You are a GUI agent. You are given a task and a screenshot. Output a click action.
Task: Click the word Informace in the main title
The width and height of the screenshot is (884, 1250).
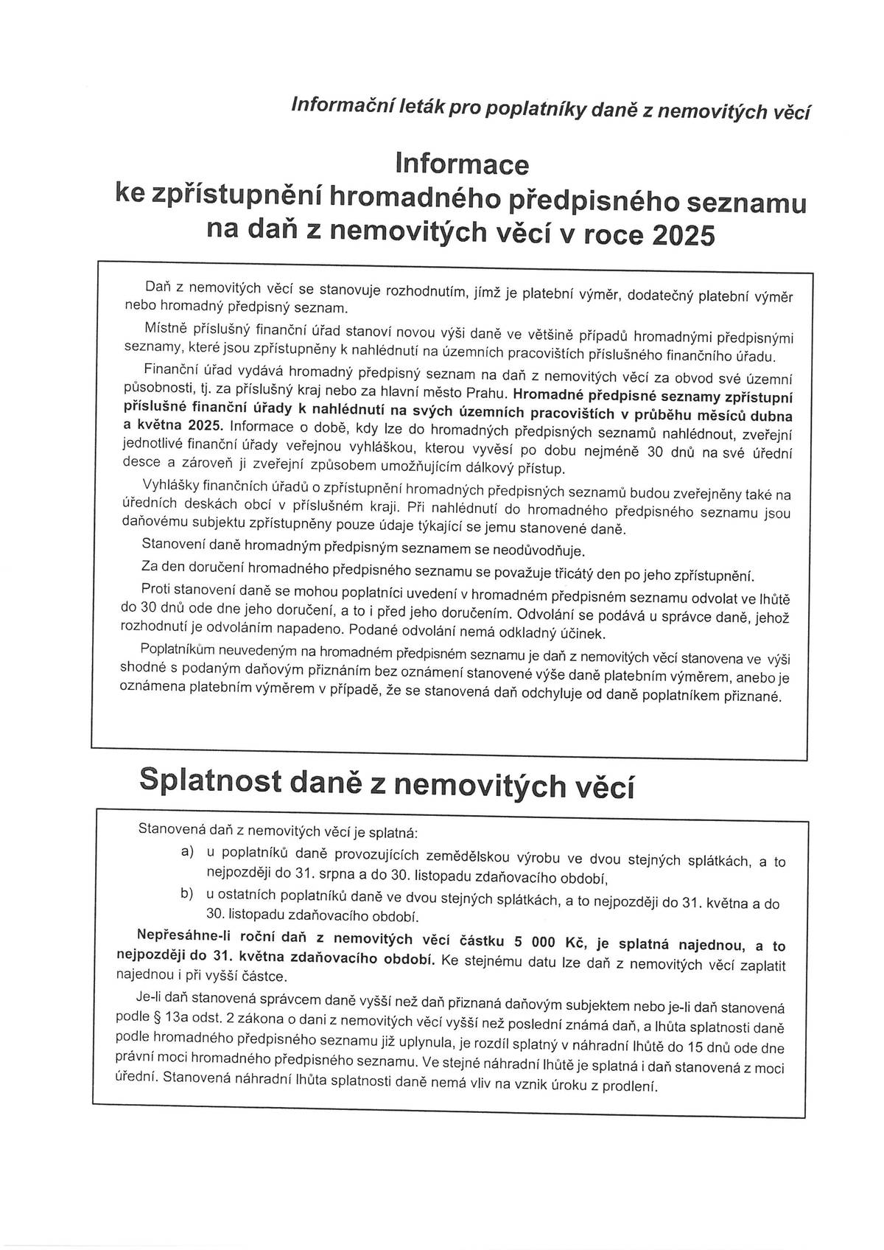click(462, 164)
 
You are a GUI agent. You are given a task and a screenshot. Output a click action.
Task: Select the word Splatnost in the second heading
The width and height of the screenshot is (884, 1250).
click(211, 781)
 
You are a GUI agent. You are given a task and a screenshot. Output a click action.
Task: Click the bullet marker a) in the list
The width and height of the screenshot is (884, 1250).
click(187, 851)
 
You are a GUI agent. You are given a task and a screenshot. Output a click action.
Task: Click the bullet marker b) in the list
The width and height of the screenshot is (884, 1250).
click(187, 894)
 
